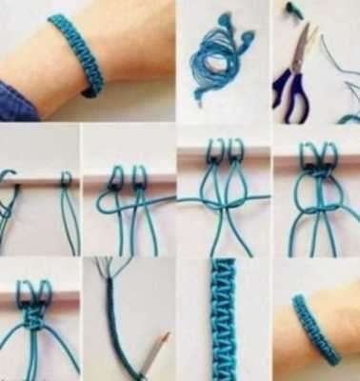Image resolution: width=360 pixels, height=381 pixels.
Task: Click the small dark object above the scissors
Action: (292, 12)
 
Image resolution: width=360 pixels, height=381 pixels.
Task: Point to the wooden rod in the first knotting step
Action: (38, 180)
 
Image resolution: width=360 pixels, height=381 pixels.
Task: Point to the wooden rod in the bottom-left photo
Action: (38, 295)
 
